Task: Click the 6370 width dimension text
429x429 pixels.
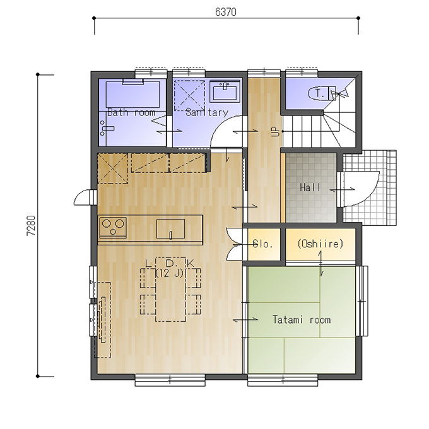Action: click(226, 12)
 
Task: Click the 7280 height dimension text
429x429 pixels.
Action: click(31, 226)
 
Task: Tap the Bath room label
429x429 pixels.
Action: click(131, 112)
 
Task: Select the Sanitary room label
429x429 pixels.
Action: click(206, 112)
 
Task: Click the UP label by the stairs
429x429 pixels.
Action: click(276, 132)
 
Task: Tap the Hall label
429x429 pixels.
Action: click(310, 187)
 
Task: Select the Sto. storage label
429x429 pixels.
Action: click(262, 244)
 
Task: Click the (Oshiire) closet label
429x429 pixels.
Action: click(320, 244)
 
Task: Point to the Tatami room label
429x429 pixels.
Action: click(302, 320)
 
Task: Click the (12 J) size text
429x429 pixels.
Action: click(170, 273)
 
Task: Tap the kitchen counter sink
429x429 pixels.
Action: click(170, 229)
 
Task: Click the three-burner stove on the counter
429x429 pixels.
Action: click(113, 227)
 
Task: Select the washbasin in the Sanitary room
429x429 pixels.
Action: click(225, 91)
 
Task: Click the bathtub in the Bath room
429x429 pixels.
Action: click(132, 93)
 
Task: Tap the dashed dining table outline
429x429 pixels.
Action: click(170, 289)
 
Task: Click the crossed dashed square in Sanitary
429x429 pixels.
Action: click(190, 95)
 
